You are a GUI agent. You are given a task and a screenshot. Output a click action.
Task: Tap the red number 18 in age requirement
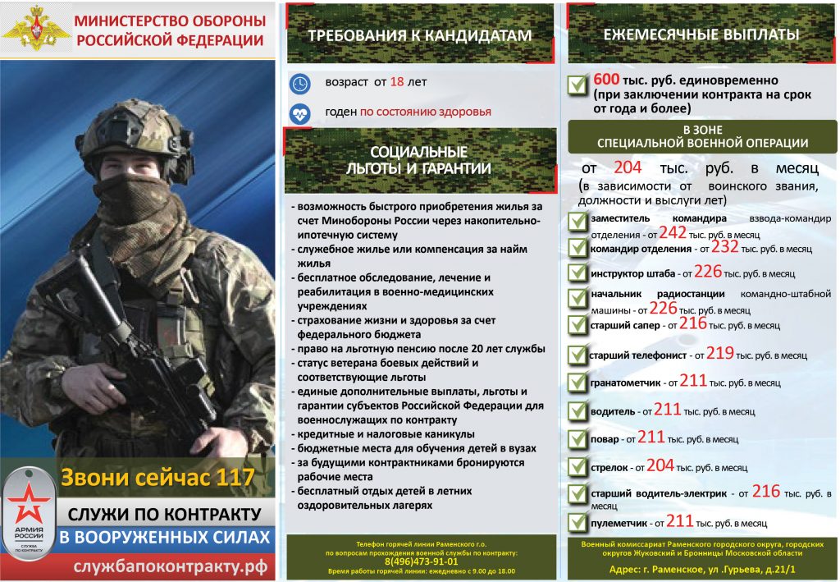397,82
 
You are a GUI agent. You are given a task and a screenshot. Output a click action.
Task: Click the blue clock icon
300,83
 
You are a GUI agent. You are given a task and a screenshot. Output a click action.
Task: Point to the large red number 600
606,80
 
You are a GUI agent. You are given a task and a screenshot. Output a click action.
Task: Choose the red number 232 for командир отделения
725,248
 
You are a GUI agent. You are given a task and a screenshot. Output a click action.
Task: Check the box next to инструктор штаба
577,273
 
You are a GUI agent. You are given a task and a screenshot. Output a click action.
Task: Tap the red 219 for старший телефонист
719,354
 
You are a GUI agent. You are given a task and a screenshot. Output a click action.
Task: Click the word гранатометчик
625,383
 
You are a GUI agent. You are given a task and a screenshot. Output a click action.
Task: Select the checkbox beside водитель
577,410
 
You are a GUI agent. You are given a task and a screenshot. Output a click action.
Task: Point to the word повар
604,439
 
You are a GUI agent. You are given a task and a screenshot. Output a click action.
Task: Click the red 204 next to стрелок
660,465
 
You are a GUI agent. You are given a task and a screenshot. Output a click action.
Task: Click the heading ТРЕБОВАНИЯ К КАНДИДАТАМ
420,35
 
